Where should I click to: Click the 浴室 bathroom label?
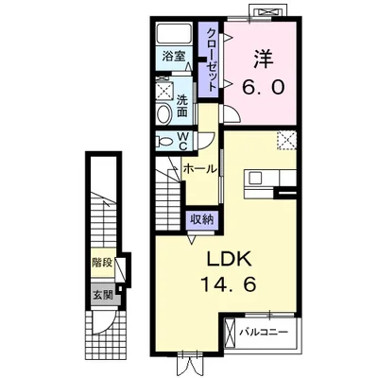pyautogui.click(x=173, y=57)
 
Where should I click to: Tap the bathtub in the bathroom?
pyautogui.click(x=175, y=33)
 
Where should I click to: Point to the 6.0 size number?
pyautogui.click(x=264, y=87)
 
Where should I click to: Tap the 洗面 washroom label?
pyautogui.click(x=181, y=106)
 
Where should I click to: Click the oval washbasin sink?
pyautogui.click(x=163, y=114)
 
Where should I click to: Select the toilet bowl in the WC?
pyautogui.click(x=164, y=142)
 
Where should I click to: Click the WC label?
pyautogui.click(x=183, y=142)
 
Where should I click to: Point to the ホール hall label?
pyautogui.click(x=200, y=169)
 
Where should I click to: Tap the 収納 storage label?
pyautogui.click(x=201, y=219)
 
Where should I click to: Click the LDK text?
pyautogui.click(x=229, y=259)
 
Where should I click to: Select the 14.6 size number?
pyautogui.click(x=229, y=285)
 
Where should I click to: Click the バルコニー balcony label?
pyautogui.click(x=264, y=332)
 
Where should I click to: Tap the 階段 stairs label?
pyautogui.click(x=102, y=263)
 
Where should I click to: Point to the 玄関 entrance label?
pyautogui.click(x=102, y=295)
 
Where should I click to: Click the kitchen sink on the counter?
pyautogui.click(x=255, y=179)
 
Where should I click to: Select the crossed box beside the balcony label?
pyautogui.click(x=231, y=334)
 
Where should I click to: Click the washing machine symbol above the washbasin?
pyautogui.click(x=164, y=91)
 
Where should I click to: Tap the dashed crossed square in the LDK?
pyautogui.click(x=286, y=141)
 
